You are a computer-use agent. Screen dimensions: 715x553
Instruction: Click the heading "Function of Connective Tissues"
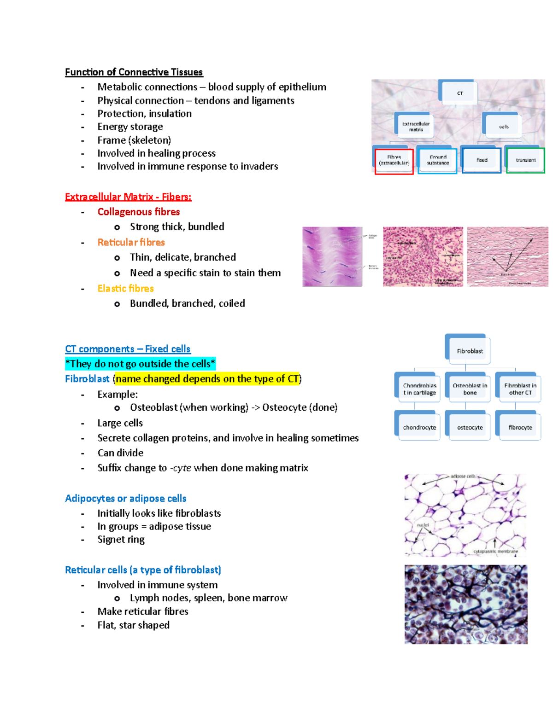[134, 72]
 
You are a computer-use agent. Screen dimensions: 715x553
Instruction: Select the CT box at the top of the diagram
[459, 93]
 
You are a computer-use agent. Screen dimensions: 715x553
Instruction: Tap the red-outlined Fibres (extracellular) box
[394, 161]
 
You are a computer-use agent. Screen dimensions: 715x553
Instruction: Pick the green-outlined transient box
[525, 160]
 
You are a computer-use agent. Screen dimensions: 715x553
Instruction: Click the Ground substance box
[437, 160]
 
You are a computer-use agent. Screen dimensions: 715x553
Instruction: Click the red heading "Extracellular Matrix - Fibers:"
[128, 197]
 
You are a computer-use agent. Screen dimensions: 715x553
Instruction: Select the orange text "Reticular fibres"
[131, 242]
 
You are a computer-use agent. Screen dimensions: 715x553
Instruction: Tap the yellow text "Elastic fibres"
[125, 289]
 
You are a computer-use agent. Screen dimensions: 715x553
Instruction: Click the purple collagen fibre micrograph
[332, 256]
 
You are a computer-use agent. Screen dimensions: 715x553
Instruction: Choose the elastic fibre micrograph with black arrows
[507, 256]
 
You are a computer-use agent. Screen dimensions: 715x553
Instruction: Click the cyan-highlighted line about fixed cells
[140, 364]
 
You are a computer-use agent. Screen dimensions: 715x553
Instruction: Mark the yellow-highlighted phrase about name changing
[207, 379]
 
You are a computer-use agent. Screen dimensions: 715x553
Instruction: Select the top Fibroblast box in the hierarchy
[469, 351]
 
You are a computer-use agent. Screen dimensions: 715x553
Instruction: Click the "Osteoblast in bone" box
[470, 389]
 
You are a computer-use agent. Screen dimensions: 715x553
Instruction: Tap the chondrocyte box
[419, 427]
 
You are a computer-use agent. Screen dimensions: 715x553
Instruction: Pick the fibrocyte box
[520, 427]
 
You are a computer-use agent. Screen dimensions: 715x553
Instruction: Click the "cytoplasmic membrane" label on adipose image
[495, 551]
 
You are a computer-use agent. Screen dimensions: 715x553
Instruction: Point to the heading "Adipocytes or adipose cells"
[125, 499]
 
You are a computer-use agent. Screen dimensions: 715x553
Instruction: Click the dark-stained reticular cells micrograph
[465, 604]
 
